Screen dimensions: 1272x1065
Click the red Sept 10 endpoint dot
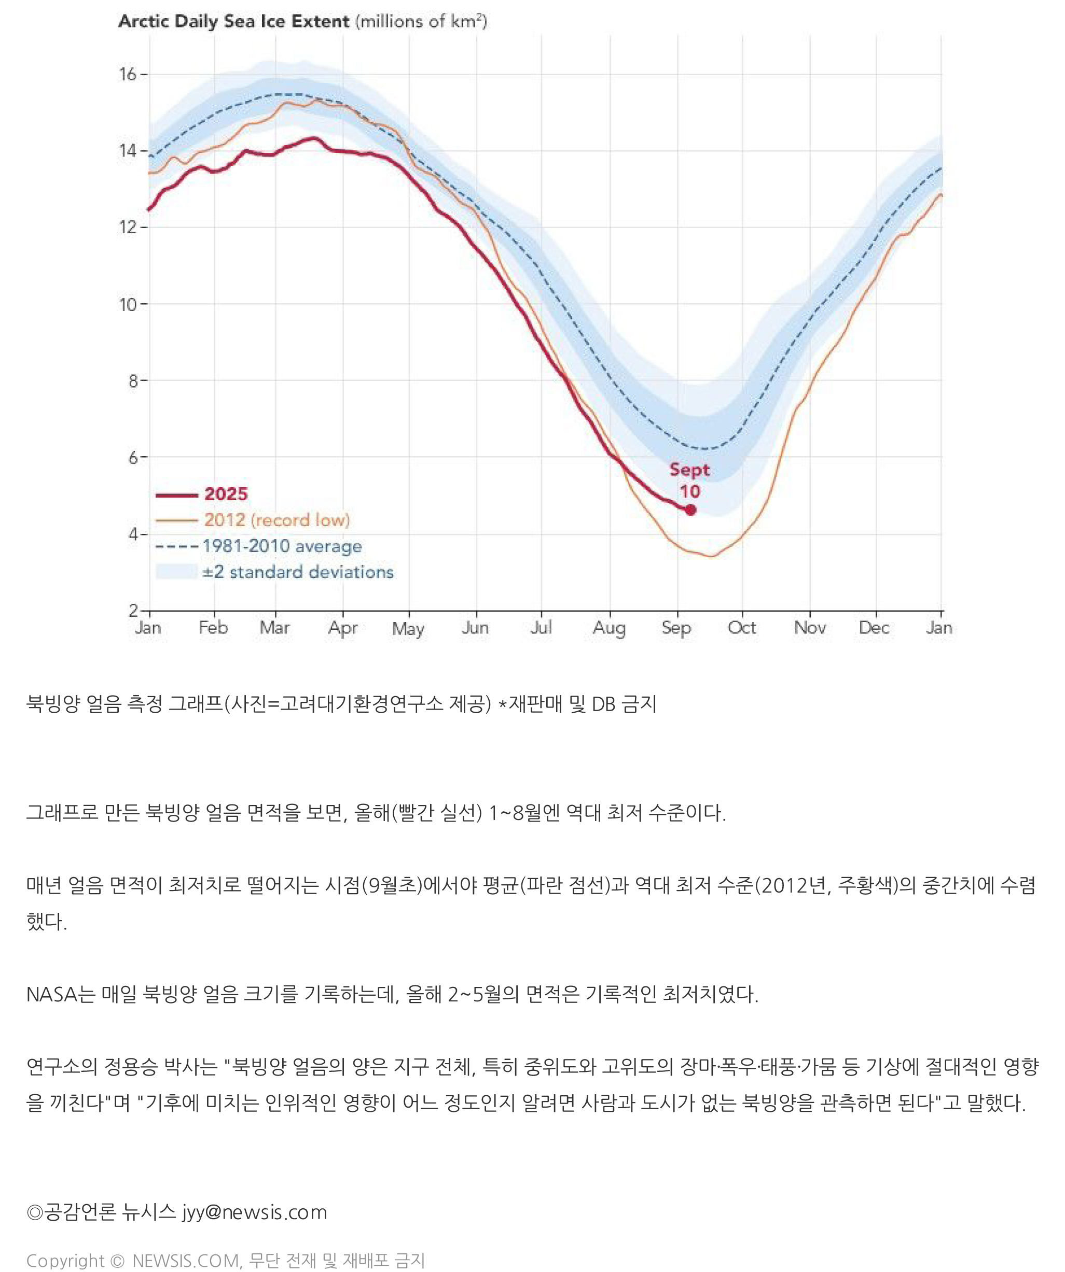click(690, 510)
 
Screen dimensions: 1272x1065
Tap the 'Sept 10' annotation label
click(690, 480)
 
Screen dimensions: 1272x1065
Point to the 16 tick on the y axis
click(128, 75)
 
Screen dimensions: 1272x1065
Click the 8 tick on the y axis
click(133, 381)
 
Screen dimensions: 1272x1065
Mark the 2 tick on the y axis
click(133, 610)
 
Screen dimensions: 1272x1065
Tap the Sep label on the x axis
click(676, 628)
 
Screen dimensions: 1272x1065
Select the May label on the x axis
click(408, 629)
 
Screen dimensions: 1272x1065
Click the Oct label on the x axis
click(742, 628)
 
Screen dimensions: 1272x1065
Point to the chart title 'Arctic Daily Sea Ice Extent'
click(233, 21)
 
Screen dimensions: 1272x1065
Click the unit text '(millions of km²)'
click(421, 21)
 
